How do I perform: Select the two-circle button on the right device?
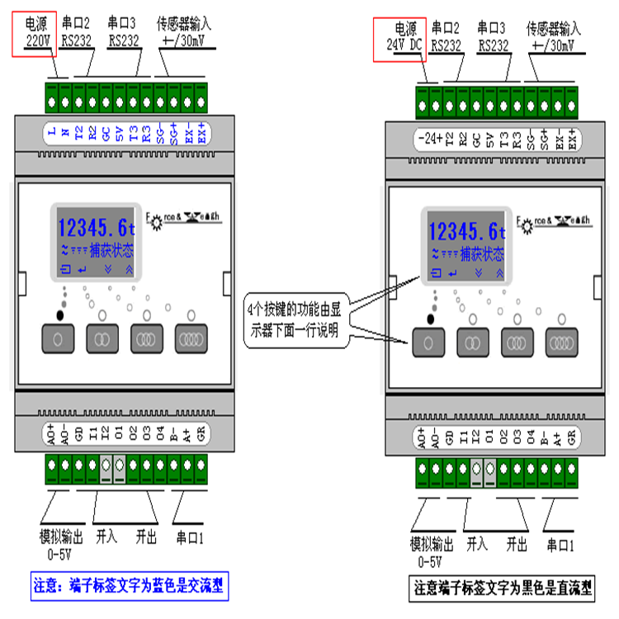[x=474, y=342]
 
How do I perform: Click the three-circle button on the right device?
[x=517, y=342]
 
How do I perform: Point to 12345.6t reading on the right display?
[x=466, y=231]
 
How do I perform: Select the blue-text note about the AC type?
[x=132, y=588]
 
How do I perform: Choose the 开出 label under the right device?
[x=517, y=545]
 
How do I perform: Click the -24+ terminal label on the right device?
[x=428, y=139]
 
